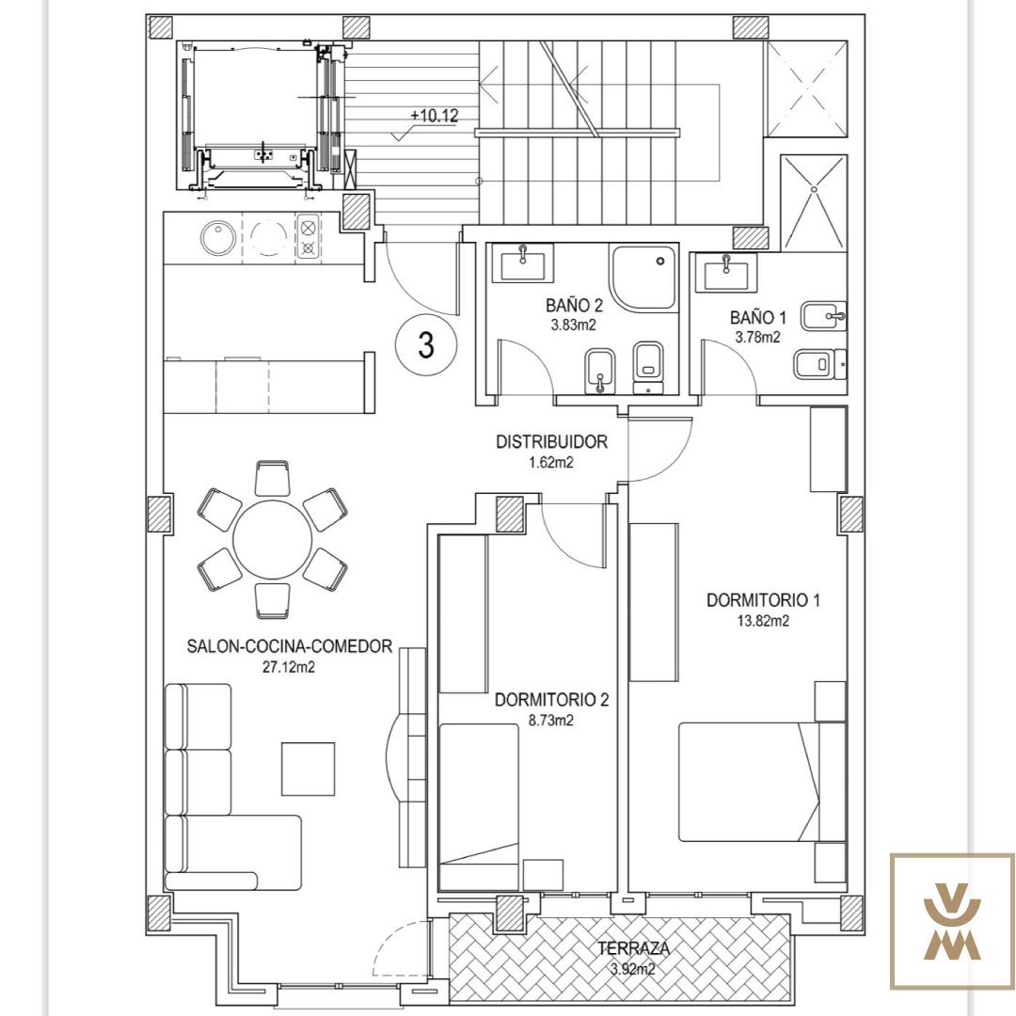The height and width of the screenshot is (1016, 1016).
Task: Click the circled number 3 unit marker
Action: [426, 344]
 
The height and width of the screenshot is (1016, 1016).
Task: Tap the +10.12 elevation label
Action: [434, 116]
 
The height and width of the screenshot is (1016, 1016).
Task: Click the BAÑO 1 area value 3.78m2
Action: [757, 337]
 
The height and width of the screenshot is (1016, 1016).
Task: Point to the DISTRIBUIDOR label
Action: [552, 442]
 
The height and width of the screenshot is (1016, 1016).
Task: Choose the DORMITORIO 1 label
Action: [763, 600]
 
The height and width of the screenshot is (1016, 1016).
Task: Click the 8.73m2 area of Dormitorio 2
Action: [551, 721]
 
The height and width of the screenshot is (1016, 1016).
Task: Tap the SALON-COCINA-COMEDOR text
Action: [290, 646]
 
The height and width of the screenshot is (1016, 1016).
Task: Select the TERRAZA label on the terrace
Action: [634, 949]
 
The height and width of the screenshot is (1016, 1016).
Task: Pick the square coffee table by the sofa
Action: [308, 769]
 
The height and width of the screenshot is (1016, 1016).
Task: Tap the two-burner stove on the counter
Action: [309, 237]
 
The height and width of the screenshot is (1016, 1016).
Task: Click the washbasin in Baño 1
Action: [725, 272]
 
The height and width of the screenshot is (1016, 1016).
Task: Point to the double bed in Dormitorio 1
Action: [762, 782]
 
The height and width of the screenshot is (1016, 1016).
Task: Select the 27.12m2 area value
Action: [289, 667]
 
